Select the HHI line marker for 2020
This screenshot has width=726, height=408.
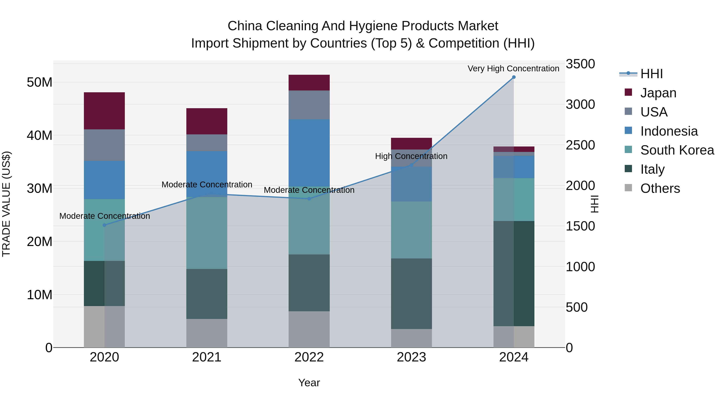pos(104,225)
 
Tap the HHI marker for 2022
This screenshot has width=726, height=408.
pos(309,199)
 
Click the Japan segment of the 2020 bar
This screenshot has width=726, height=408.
pos(104,111)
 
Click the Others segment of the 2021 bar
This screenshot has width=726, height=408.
pos(207,333)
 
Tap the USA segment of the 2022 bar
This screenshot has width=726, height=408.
pos(309,105)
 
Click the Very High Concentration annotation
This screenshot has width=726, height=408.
pos(513,69)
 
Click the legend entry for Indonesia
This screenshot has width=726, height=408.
pos(669,131)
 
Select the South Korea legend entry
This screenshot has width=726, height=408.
pos(677,150)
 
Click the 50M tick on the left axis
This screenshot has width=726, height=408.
pos(40,82)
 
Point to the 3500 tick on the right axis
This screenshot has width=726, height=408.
pos(580,64)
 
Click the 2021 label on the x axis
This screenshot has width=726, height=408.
pos(207,357)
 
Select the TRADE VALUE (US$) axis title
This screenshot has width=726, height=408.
pos(6,204)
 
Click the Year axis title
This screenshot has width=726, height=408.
pos(309,383)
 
